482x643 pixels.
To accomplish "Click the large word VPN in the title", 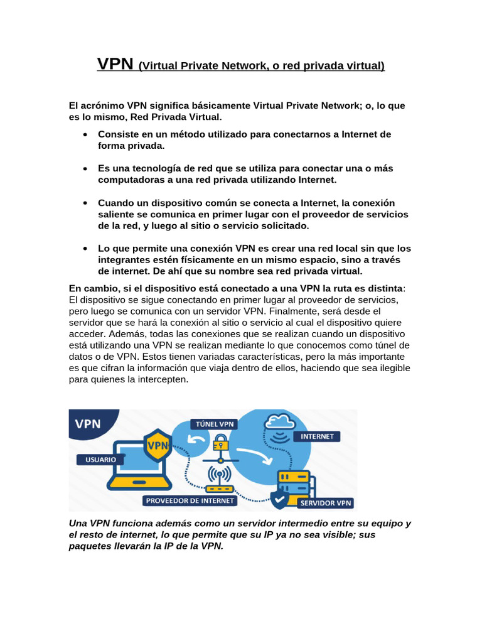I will pyautogui.click(x=115, y=64).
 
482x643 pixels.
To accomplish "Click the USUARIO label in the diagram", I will pyautogui.click(x=97, y=460).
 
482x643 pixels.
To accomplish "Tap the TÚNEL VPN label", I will pyautogui.click(x=216, y=423).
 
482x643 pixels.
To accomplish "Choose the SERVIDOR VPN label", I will pyautogui.click(x=326, y=503).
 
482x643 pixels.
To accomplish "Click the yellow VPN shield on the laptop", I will pyautogui.click(x=158, y=446).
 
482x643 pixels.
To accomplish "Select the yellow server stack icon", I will pyautogui.click(x=294, y=480).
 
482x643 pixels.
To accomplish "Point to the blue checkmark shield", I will pyautogui.click(x=279, y=499).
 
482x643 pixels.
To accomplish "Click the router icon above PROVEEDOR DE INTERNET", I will pyautogui.click(x=219, y=480).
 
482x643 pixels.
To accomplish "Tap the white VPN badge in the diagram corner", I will pyautogui.click(x=88, y=423).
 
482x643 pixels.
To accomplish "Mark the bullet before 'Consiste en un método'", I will pyautogui.click(x=85, y=134).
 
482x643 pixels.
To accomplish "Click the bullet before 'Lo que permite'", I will pyautogui.click(x=85, y=249).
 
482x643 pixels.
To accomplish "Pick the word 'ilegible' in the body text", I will pyautogui.click(x=392, y=369).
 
